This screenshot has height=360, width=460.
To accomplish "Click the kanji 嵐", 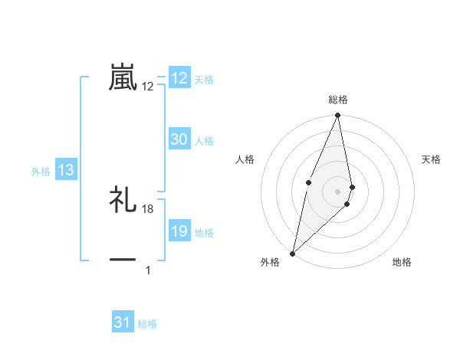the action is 123,77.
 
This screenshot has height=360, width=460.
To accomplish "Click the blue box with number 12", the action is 179,78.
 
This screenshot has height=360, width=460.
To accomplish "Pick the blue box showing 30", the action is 179,139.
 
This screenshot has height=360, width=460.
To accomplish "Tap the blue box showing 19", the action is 179,232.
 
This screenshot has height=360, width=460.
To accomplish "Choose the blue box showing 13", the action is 66,171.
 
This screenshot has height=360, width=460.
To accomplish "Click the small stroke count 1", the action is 148,270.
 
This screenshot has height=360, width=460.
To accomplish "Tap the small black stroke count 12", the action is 148,87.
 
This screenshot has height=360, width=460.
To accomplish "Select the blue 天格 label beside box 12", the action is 204,79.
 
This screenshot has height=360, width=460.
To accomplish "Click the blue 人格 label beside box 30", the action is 204,140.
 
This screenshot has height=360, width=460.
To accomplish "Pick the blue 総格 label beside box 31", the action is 147,323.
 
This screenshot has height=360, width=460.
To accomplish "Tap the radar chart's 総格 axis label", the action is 338,100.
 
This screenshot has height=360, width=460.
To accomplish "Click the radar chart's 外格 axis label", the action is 270,262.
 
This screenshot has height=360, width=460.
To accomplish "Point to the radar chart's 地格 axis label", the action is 402,262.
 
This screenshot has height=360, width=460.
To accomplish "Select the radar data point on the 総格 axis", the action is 338,116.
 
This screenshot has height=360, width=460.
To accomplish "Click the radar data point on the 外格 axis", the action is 293,253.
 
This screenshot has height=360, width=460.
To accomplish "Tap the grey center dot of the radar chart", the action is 338,191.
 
